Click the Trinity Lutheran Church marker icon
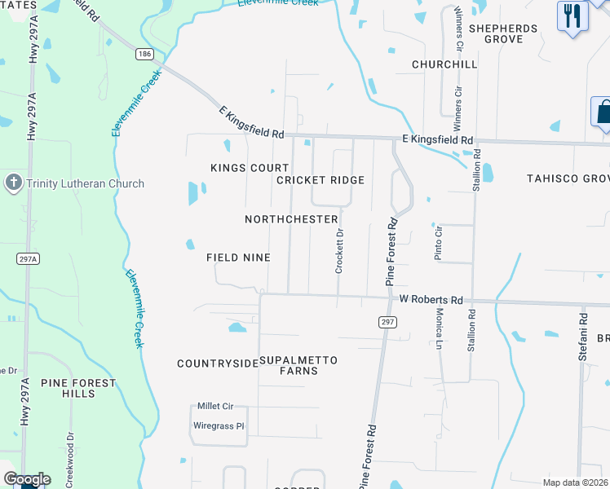tap(13, 183)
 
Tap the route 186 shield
tap(145, 54)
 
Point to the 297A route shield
tap(28, 259)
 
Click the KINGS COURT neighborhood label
tap(238, 168)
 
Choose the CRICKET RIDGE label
tap(320, 179)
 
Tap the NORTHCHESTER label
tap(291, 219)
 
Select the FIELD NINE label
tap(238, 258)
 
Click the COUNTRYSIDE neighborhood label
tap(217, 363)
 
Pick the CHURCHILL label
tap(444, 64)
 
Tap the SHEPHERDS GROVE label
tap(503, 33)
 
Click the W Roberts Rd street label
tap(431, 299)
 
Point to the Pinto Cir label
tap(438, 242)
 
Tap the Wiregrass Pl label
tap(218, 425)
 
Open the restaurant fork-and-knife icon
tap(572, 15)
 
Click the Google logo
tap(27, 478)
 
